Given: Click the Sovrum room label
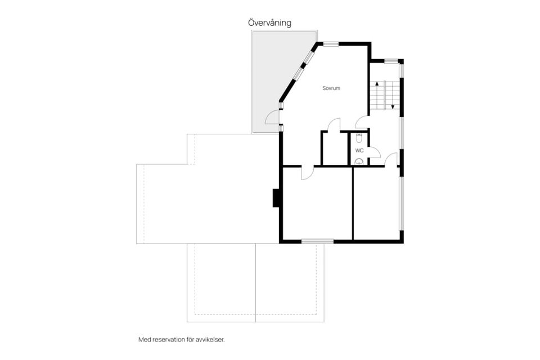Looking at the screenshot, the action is pyautogui.click(x=331, y=88).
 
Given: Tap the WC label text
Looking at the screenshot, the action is pyautogui.click(x=359, y=151).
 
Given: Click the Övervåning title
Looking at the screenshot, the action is pyautogui.click(x=269, y=23).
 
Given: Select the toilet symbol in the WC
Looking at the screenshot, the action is pyautogui.click(x=359, y=138).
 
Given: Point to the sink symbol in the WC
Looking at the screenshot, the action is pyautogui.click(x=359, y=161).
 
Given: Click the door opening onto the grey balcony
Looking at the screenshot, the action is pyautogui.click(x=272, y=117).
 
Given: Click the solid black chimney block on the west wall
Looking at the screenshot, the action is pyautogui.click(x=276, y=198).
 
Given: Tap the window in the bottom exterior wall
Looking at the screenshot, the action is pyautogui.click(x=317, y=241).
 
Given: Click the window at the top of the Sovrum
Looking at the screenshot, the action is pyautogui.click(x=331, y=44).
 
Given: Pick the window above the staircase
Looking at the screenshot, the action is pyautogui.click(x=391, y=61).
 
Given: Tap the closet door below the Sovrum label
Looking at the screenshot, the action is pyautogui.click(x=334, y=125).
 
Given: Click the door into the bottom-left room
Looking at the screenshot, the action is pyautogui.click(x=308, y=173).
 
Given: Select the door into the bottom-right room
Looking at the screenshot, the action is pyautogui.click(x=391, y=160).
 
